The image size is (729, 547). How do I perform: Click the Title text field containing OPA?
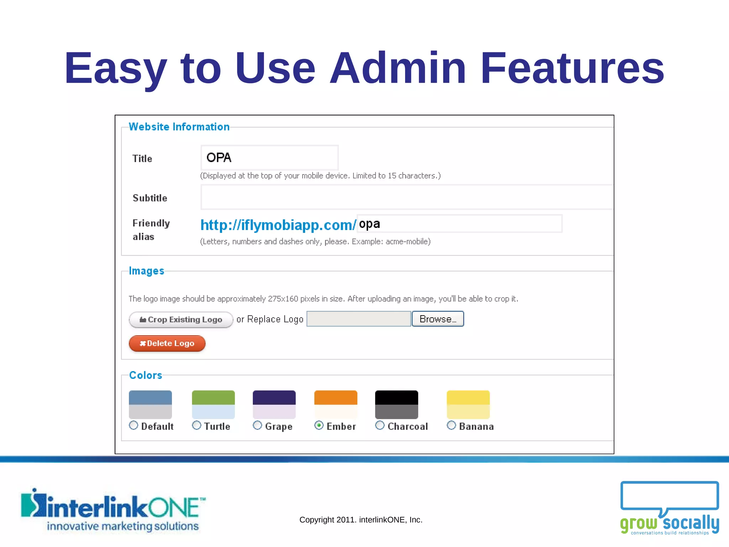[269, 157]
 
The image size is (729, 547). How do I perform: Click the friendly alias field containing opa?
[459, 224]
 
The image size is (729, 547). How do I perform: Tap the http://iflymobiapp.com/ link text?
[278, 225]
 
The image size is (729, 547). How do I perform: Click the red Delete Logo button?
[167, 344]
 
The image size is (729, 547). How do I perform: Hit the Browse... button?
[437, 319]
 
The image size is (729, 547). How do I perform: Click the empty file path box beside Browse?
[358, 319]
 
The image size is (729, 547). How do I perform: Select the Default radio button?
[133, 425]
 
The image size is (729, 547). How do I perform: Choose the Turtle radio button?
[196, 425]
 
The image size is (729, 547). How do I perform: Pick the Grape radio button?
[257, 425]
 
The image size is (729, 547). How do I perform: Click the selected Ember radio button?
[319, 425]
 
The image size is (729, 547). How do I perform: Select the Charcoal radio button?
[380, 425]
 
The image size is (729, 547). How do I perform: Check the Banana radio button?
[451, 425]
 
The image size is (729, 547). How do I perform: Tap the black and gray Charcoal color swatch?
[397, 405]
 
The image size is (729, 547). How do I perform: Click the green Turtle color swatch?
[213, 405]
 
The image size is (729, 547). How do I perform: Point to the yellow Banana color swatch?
[468, 405]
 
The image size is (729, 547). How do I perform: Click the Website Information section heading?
[179, 127]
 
